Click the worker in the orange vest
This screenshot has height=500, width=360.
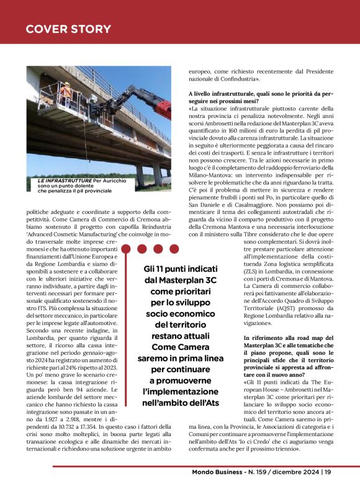[x=66, y=93]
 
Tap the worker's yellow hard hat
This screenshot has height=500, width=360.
[x=65, y=84]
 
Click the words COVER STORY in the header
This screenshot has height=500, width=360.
[x=68, y=29]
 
